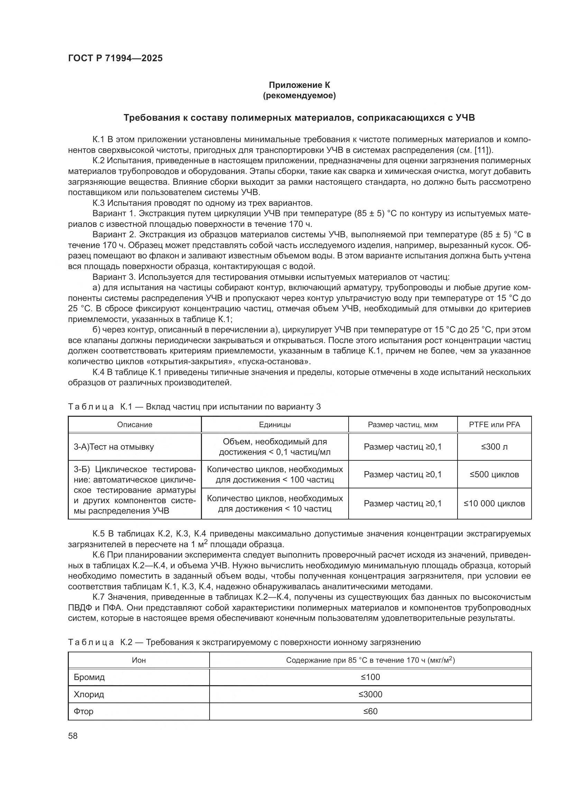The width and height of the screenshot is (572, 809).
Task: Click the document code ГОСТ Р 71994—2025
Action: coord(115,58)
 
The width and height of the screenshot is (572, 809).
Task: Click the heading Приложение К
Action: coord(299,85)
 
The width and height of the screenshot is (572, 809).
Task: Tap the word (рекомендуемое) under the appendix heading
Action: coord(299,95)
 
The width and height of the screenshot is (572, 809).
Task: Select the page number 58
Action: coord(73,736)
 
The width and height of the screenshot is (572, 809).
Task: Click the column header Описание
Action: coord(135,425)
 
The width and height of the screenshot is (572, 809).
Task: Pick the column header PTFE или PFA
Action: coord(494,425)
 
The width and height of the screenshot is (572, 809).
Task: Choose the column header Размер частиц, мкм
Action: coord(403,425)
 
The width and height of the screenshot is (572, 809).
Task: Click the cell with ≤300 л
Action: coord(494,447)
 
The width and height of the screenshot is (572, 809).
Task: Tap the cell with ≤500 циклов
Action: coord(494,474)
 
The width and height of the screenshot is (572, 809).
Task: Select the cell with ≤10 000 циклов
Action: coord(494,504)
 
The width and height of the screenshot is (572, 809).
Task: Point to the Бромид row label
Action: coord(89,677)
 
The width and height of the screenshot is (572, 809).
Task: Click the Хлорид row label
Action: coord(89,695)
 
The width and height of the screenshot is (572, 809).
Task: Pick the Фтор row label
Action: coord(83,711)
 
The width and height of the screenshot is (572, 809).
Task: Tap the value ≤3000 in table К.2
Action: coord(370,695)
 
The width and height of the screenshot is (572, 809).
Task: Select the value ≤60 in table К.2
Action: coord(370,711)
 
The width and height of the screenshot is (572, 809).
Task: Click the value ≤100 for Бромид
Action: coord(370,677)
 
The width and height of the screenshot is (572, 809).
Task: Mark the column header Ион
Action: coord(139,660)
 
